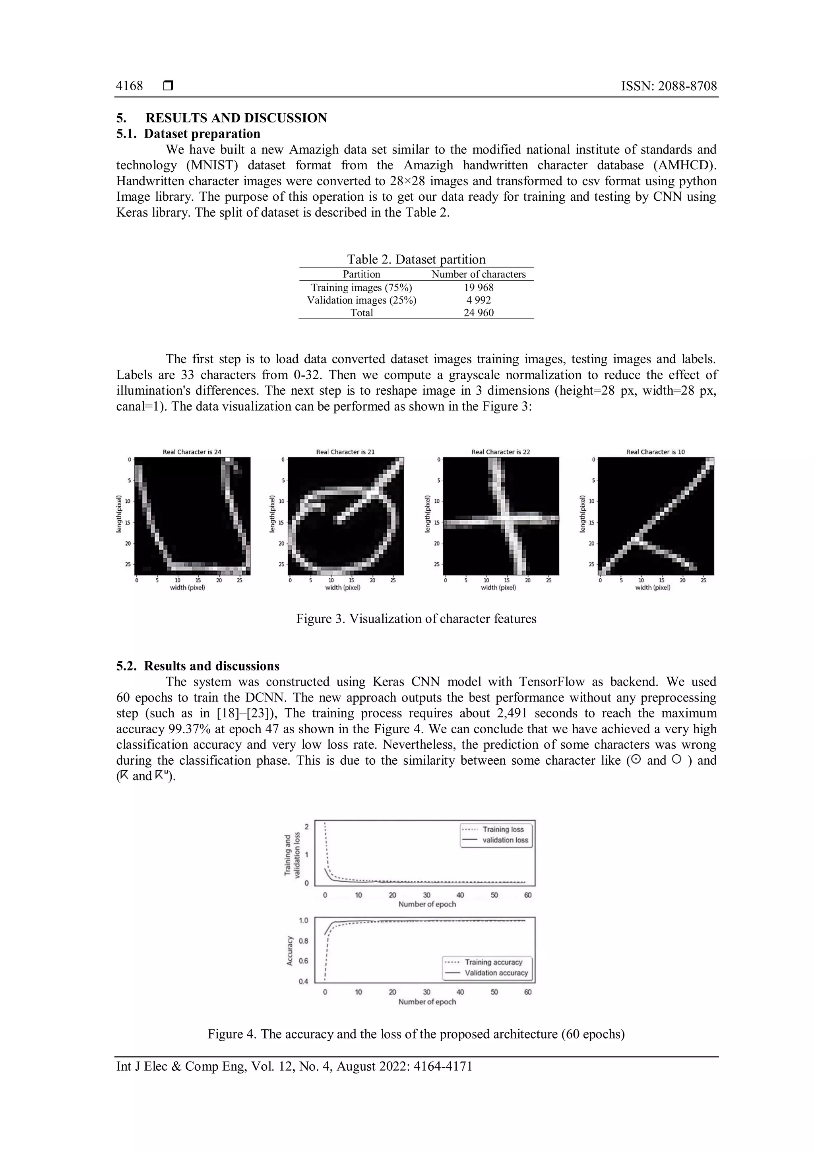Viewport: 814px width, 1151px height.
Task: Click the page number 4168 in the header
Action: coord(129,86)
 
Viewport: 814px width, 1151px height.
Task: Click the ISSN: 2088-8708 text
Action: coord(669,86)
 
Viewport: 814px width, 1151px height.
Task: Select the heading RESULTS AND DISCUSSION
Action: coord(236,118)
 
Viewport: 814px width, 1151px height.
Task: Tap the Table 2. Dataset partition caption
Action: coord(416,259)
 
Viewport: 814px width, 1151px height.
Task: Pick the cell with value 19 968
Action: coord(478,287)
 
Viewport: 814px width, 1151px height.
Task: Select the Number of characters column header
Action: coord(478,274)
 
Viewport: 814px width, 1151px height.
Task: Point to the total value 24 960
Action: coord(478,313)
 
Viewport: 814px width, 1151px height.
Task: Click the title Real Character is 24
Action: coord(192,451)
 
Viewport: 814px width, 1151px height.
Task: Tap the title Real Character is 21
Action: coord(345,451)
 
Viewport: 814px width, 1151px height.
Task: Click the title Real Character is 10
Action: coord(655,451)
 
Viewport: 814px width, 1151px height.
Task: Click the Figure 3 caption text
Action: coord(416,618)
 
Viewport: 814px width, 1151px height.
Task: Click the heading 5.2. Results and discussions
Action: coord(198,666)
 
